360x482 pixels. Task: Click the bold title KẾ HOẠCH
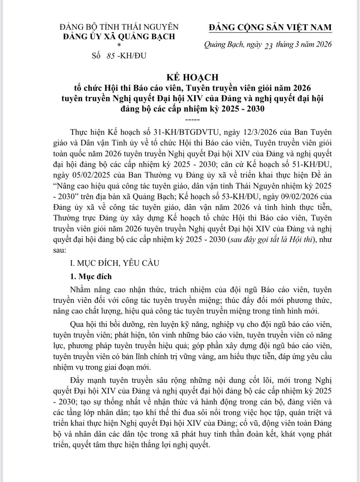[193, 77]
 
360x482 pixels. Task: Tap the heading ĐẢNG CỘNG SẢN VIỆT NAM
[270, 27]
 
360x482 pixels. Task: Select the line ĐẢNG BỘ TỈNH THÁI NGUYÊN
[119, 27]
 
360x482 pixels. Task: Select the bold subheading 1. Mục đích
[91, 276]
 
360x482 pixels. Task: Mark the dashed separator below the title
[193, 120]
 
